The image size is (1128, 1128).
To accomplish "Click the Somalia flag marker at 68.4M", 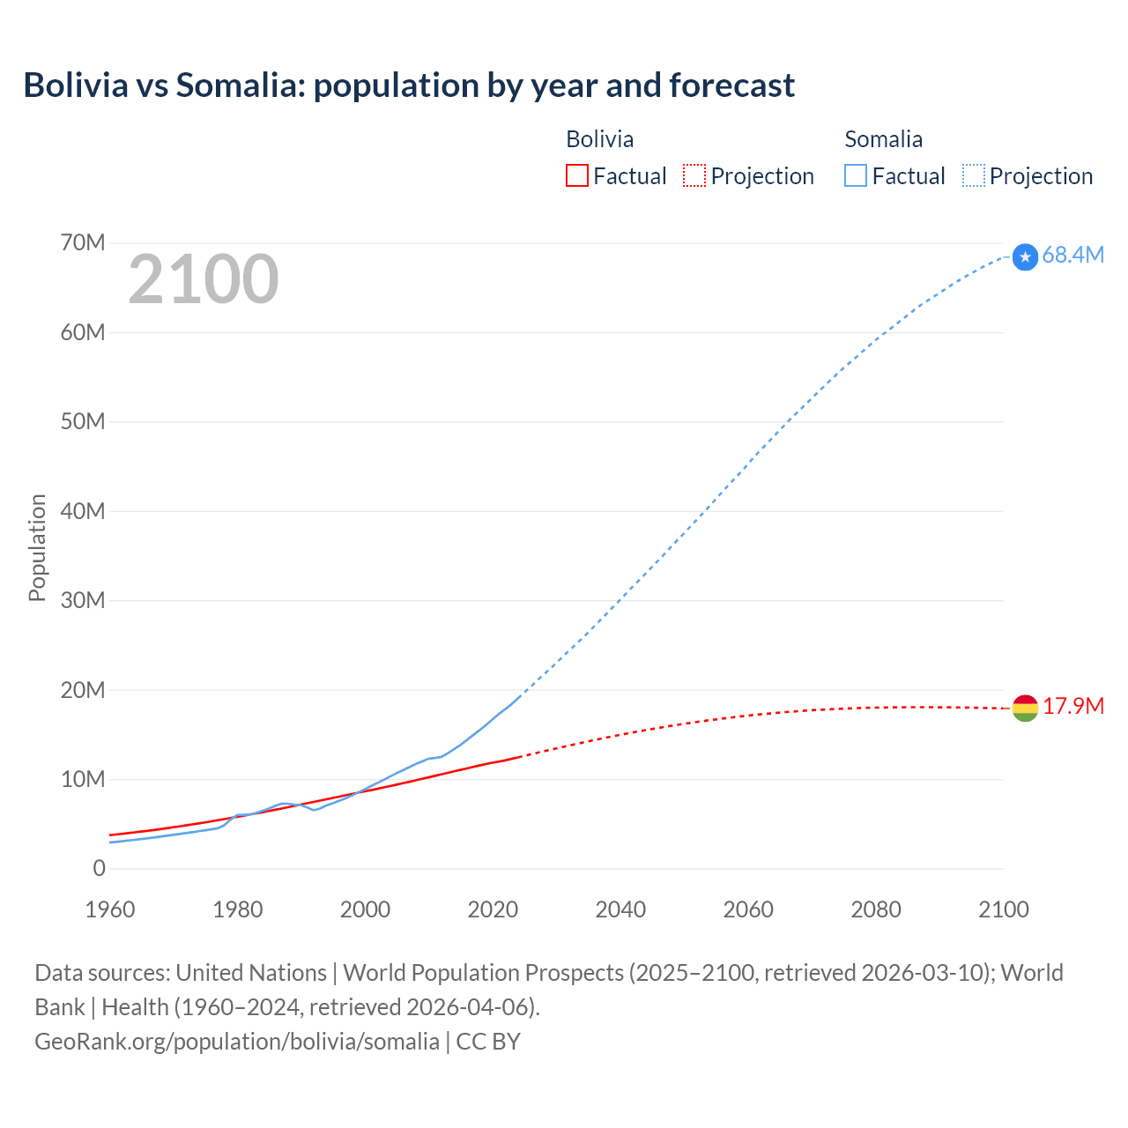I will tap(1025, 256).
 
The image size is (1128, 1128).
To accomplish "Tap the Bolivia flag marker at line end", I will tap(1025, 708).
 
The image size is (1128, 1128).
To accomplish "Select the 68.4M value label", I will tap(1072, 256).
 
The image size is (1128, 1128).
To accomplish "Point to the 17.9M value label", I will tap(1073, 707).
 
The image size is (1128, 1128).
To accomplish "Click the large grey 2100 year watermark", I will tap(204, 279).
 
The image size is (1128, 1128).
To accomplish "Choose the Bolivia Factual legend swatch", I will tap(577, 175).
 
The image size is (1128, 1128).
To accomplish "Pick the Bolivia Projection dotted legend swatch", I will tap(694, 175).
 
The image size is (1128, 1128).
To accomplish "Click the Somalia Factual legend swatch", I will tap(856, 175).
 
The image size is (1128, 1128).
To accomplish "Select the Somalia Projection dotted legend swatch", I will tap(974, 175).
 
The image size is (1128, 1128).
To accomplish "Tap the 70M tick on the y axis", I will tap(83, 242).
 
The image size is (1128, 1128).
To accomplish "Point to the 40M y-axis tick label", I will tap(83, 511).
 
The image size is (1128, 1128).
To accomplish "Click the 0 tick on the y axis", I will tap(99, 869).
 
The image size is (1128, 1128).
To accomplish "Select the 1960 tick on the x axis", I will tap(110, 909).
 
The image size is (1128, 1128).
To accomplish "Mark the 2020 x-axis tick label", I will tap(493, 909).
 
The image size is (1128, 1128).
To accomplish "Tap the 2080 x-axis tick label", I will tap(876, 909).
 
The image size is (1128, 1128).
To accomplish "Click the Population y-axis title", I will tap(37, 547).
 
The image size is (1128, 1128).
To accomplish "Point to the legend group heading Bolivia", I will tap(599, 139).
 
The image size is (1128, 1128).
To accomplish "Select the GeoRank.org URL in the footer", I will tap(237, 1042).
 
